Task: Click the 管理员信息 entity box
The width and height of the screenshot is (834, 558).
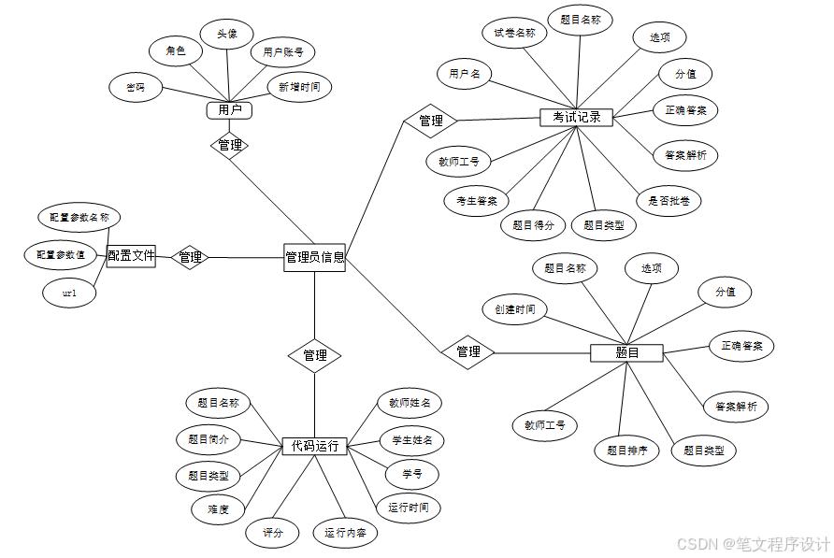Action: [314, 257]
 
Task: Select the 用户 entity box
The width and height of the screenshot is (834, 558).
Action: [230, 110]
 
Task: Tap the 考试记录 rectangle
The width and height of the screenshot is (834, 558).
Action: [576, 118]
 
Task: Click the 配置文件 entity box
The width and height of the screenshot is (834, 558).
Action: [131, 255]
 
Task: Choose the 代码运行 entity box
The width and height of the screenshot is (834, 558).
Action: [314, 447]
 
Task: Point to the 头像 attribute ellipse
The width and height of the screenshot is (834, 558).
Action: [227, 35]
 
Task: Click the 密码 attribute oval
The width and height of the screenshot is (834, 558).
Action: [135, 88]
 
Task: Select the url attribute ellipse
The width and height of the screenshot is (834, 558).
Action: [69, 293]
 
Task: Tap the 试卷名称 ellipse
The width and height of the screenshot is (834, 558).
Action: [515, 34]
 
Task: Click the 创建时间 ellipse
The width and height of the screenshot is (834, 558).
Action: [515, 308]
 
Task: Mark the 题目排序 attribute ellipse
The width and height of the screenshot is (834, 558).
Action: [626, 450]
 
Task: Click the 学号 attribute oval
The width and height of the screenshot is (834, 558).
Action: [412, 473]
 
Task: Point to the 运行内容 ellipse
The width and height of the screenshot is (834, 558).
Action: [345, 534]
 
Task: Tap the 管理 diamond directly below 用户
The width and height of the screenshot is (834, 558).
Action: [230, 145]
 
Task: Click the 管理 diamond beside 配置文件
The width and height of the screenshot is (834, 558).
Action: [191, 257]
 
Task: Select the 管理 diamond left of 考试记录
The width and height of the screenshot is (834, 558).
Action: [430, 121]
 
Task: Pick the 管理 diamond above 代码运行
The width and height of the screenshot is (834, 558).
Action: [314, 355]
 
